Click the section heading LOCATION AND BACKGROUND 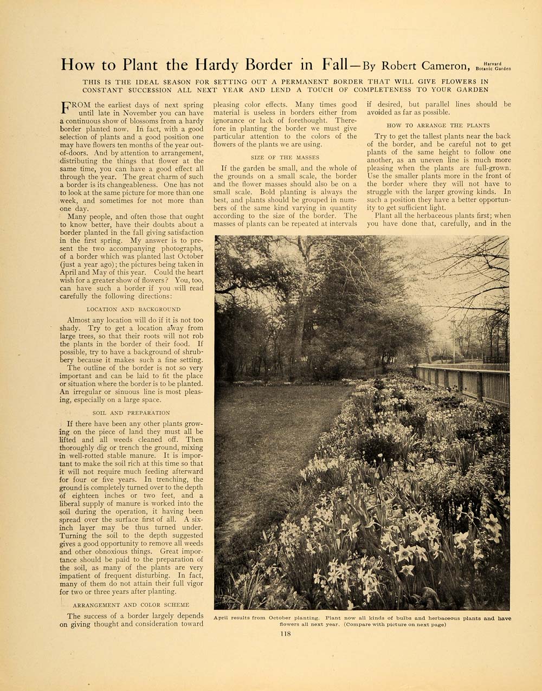point(133,309)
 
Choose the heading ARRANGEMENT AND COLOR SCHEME point(131,605)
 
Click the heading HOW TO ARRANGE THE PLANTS point(438,125)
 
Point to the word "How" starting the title point(78,65)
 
